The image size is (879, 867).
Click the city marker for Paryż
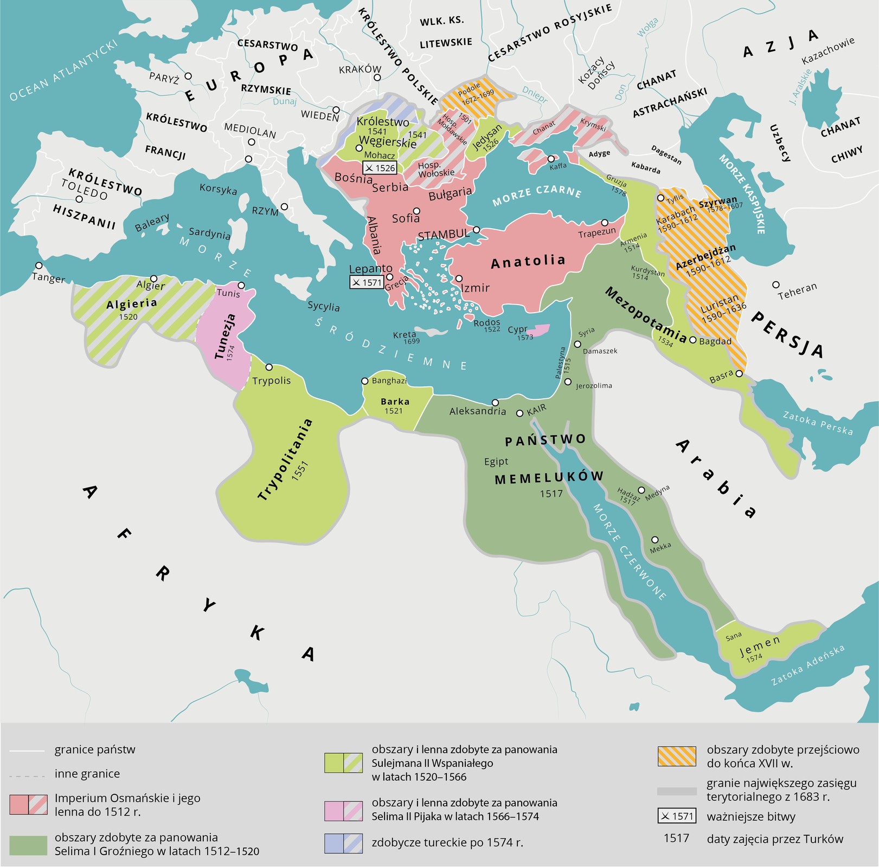188,76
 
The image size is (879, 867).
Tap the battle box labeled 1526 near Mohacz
380,168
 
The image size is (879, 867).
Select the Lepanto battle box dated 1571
367,282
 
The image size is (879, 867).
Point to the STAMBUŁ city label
444,235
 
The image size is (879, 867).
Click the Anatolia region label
528,262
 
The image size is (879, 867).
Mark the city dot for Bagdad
692,340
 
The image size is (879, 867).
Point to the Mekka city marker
655,540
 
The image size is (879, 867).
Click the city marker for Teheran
776,284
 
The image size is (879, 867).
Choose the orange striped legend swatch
676,756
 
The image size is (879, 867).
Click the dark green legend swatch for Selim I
28,845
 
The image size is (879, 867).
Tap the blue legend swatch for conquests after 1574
343,843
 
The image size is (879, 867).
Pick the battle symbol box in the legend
676,816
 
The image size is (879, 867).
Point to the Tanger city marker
39,266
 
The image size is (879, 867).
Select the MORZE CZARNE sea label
536,196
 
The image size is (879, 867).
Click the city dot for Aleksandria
495,402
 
